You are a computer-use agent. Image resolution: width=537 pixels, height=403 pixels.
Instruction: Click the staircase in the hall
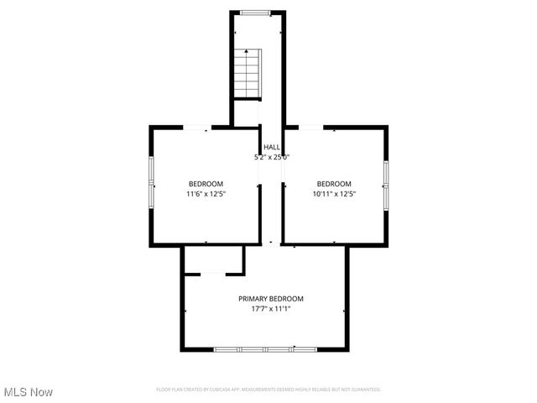248,73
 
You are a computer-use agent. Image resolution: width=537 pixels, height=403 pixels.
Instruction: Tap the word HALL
272,147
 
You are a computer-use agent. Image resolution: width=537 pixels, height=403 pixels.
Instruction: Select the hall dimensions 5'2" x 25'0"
272,157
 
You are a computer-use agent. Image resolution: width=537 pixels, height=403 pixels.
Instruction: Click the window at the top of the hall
256,13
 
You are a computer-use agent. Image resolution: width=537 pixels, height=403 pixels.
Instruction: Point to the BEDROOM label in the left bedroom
206,184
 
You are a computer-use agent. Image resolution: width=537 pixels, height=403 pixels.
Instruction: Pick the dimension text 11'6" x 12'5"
206,194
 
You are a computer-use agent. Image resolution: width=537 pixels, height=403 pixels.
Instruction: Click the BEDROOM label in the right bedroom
334,184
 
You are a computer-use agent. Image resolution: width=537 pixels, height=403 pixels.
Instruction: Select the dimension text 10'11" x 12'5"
334,194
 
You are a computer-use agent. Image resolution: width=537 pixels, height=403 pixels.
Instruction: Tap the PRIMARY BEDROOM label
271,299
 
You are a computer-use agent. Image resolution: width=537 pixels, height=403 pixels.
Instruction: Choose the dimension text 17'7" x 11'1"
271,309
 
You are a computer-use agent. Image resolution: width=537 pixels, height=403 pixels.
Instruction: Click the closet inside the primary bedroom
213,259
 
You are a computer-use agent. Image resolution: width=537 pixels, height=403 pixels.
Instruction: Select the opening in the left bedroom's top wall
198,128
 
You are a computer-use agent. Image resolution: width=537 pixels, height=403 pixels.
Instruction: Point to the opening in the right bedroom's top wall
310,128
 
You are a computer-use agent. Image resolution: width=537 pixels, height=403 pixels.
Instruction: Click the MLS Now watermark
29,392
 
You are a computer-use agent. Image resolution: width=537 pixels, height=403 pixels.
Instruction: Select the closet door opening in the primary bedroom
213,273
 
